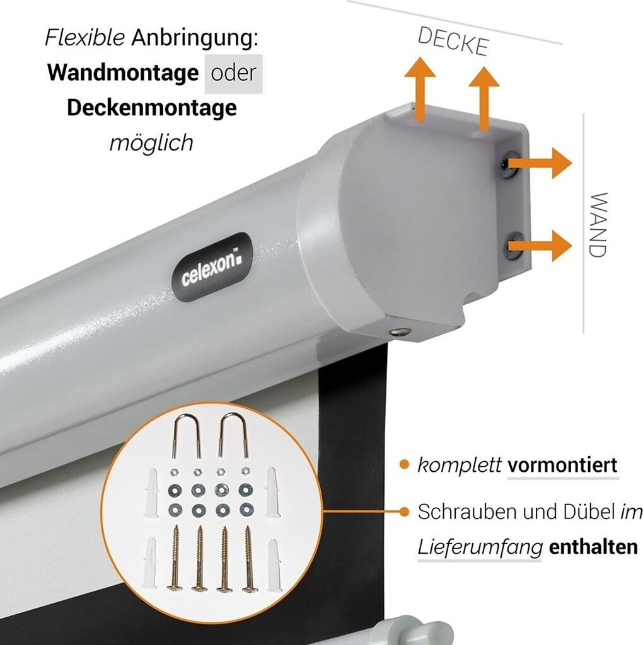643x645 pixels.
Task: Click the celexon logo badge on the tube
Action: [212, 267]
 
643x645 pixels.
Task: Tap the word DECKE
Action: [453, 41]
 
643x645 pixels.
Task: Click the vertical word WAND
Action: [598, 225]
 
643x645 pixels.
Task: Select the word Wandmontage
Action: [123, 73]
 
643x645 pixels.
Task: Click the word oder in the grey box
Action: [233, 73]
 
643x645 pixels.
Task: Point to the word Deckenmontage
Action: [152, 108]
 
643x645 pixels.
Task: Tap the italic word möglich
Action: [151, 143]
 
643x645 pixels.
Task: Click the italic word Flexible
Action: [85, 37]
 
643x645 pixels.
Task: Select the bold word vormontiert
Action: [562, 465]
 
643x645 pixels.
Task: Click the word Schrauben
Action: [467, 511]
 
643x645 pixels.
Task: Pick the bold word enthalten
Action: [593, 547]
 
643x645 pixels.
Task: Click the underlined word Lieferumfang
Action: [480, 548]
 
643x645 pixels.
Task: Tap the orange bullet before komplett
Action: [404, 465]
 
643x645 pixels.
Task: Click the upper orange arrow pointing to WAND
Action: [540, 163]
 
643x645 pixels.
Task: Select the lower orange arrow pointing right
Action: [540, 246]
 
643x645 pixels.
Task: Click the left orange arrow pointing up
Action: [420, 88]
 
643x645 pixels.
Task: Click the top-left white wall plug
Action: [151, 493]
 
